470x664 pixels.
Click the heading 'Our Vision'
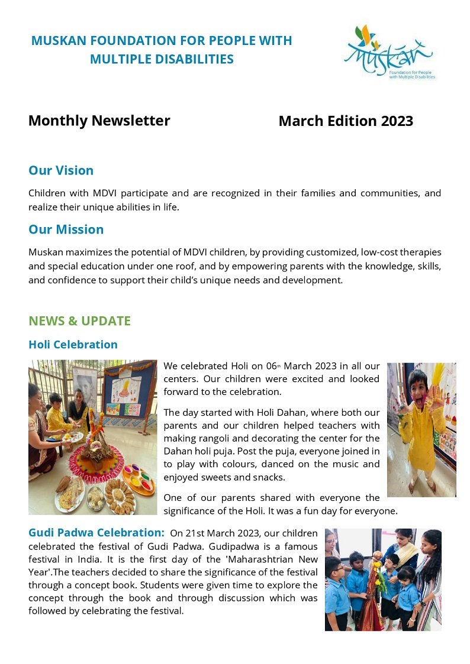tap(61, 170)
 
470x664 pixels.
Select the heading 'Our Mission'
tap(66, 229)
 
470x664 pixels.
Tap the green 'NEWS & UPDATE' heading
tap(79, 321)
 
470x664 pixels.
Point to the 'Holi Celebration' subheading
tap(73, 345)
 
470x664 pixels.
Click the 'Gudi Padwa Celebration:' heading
tap(96, 533)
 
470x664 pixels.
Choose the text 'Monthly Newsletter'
tap(99, 121)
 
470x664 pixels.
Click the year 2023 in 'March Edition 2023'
tap(397, 121)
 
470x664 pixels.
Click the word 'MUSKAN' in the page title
tap(59, 41)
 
